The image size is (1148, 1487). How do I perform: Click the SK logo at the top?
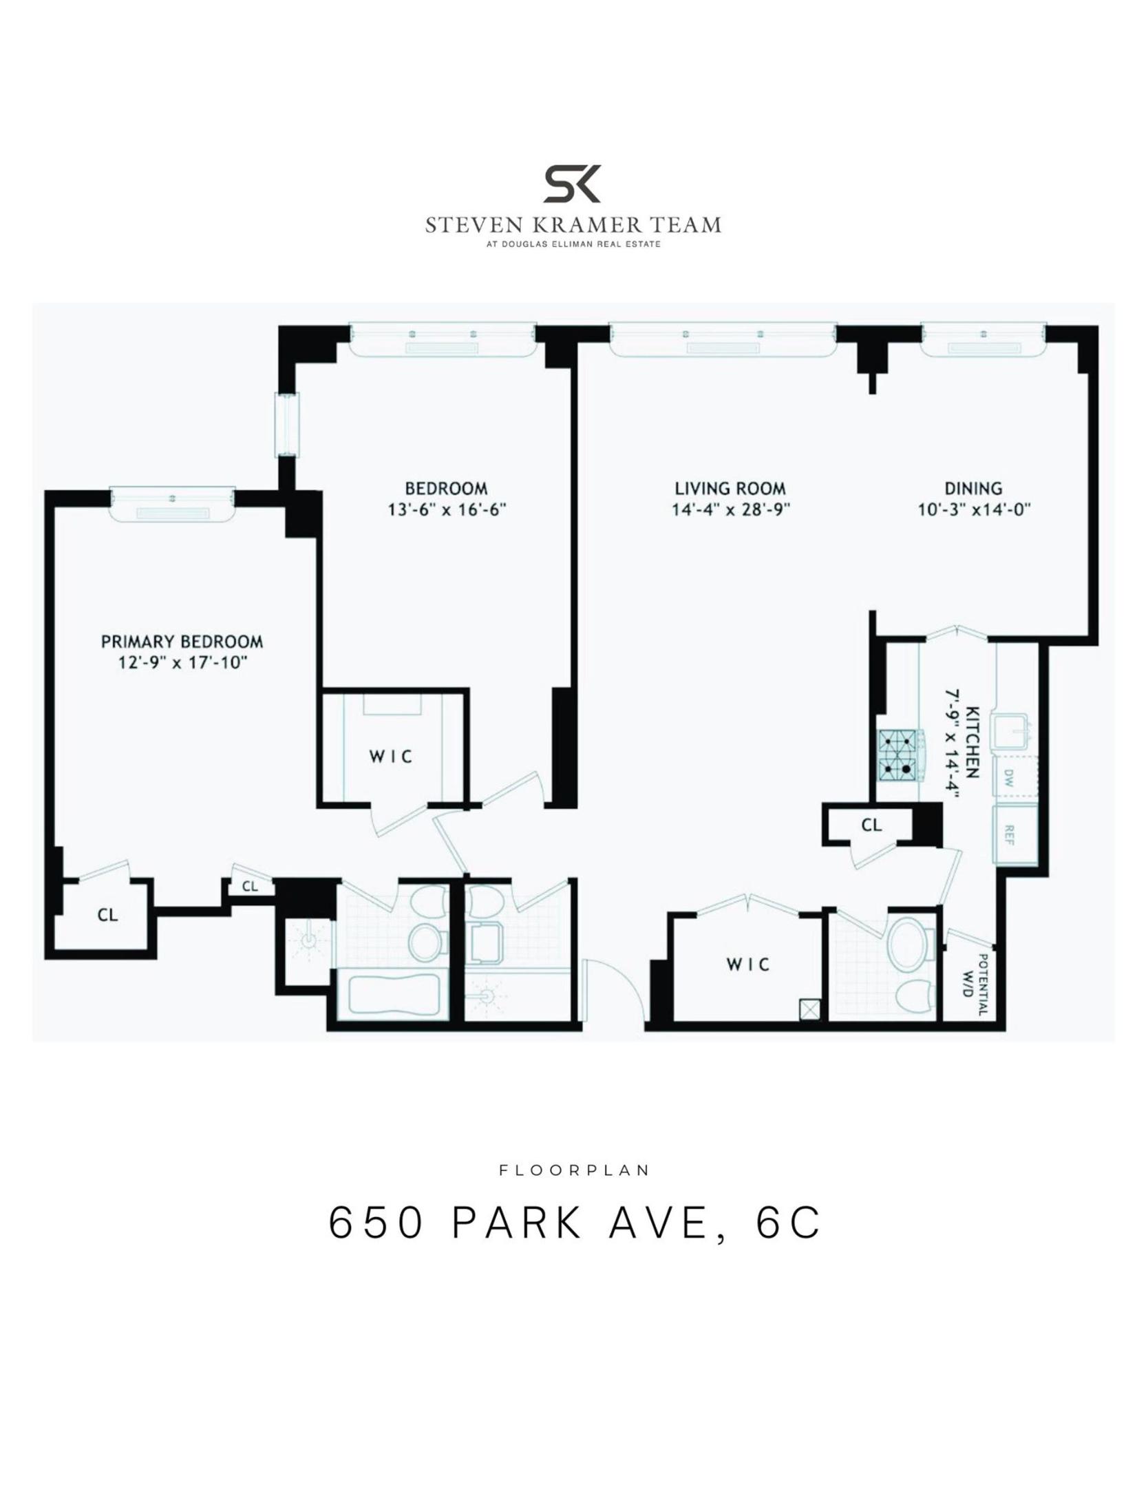tap(573, 184)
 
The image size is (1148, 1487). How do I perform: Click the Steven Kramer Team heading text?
tap(573, 225)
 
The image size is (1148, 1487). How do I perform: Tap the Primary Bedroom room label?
tap(182, 642)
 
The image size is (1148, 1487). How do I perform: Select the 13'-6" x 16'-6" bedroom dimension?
tap(447, 510)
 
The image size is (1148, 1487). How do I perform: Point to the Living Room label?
tap(730, 489)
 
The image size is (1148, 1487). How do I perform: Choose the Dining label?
tap(972, 489)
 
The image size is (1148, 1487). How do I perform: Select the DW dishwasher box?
tap(1009, 779)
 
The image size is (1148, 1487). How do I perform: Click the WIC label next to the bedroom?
tap(391, 757)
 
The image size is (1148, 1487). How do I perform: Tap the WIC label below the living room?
tap(748, 964)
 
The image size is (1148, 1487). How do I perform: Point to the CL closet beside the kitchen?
tap(871, 824)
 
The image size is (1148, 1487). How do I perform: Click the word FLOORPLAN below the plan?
tap(574, 1170)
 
